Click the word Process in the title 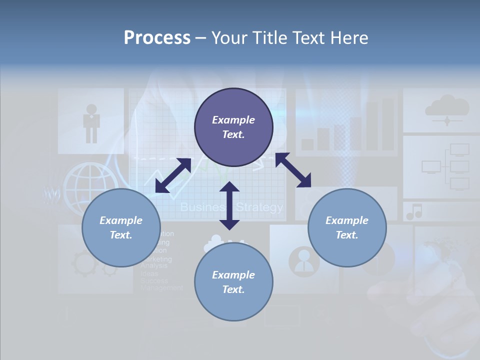pos(157,38)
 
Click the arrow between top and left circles pos(173,175)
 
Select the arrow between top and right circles pos(293,170)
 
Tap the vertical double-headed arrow pos(229,205)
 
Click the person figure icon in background pos(91,122)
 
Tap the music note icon pos(414,212)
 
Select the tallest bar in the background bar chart pos(388,124)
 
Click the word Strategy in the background pos(259,207)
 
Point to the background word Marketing pos(156,259)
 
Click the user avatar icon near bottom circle pos(303,260)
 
